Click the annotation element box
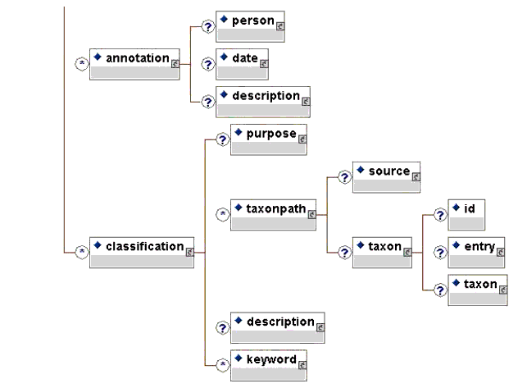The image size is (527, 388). [134, 63]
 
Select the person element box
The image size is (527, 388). [250, 25]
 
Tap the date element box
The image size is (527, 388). [243, 62]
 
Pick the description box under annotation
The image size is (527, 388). [263, 101]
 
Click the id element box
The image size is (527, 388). [466, 213]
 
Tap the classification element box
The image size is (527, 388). [142, 252]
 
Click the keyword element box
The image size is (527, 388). [269, 365]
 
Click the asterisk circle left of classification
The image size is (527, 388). [81, 252]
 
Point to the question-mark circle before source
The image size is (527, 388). [344, 176]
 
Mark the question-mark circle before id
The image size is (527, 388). [440, 213]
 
